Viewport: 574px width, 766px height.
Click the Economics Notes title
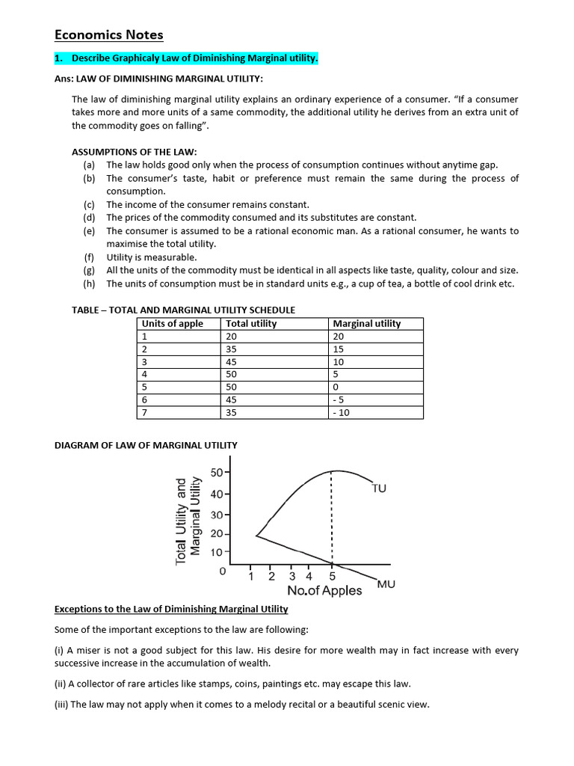click(x=108, y=35)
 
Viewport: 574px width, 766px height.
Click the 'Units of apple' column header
click(x=172, y=323)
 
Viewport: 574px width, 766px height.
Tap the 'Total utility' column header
click(x=250, y=323)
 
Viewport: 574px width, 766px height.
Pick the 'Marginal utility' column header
click(x=366, y=323)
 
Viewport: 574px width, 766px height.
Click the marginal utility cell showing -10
click(x=344, y=412)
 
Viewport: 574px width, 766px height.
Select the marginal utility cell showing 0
click(x=336, y=387)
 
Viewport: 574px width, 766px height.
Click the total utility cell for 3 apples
click(x=231, y=361)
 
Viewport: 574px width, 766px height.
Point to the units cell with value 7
click(x=144, y=412)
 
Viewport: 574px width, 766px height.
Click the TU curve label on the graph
click(x=379, y=488)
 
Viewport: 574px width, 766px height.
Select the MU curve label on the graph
click(x=386, y=583)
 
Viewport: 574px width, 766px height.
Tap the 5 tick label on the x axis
click(x=332, y=577)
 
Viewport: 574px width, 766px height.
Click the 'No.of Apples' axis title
click(x=324, y=591)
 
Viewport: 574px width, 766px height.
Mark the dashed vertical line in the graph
click(x=331, y=516)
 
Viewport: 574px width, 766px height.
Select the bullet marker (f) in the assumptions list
click(x=89, y=257)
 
